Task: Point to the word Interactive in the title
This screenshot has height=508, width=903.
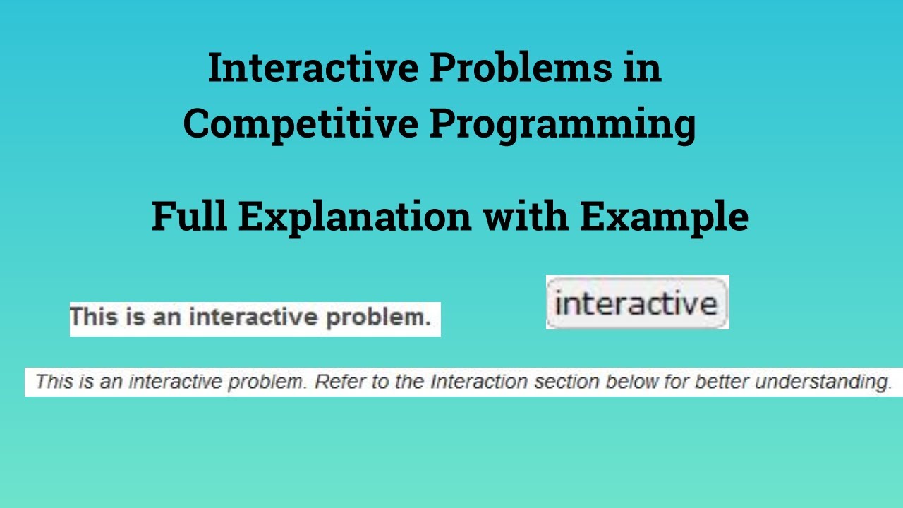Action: [x=313, y=69]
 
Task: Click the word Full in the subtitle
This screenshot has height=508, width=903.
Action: [x=189, y=217]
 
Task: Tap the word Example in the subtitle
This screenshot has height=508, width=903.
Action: [x=664, y=218]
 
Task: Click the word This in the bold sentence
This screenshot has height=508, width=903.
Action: [x=92, y=317]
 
